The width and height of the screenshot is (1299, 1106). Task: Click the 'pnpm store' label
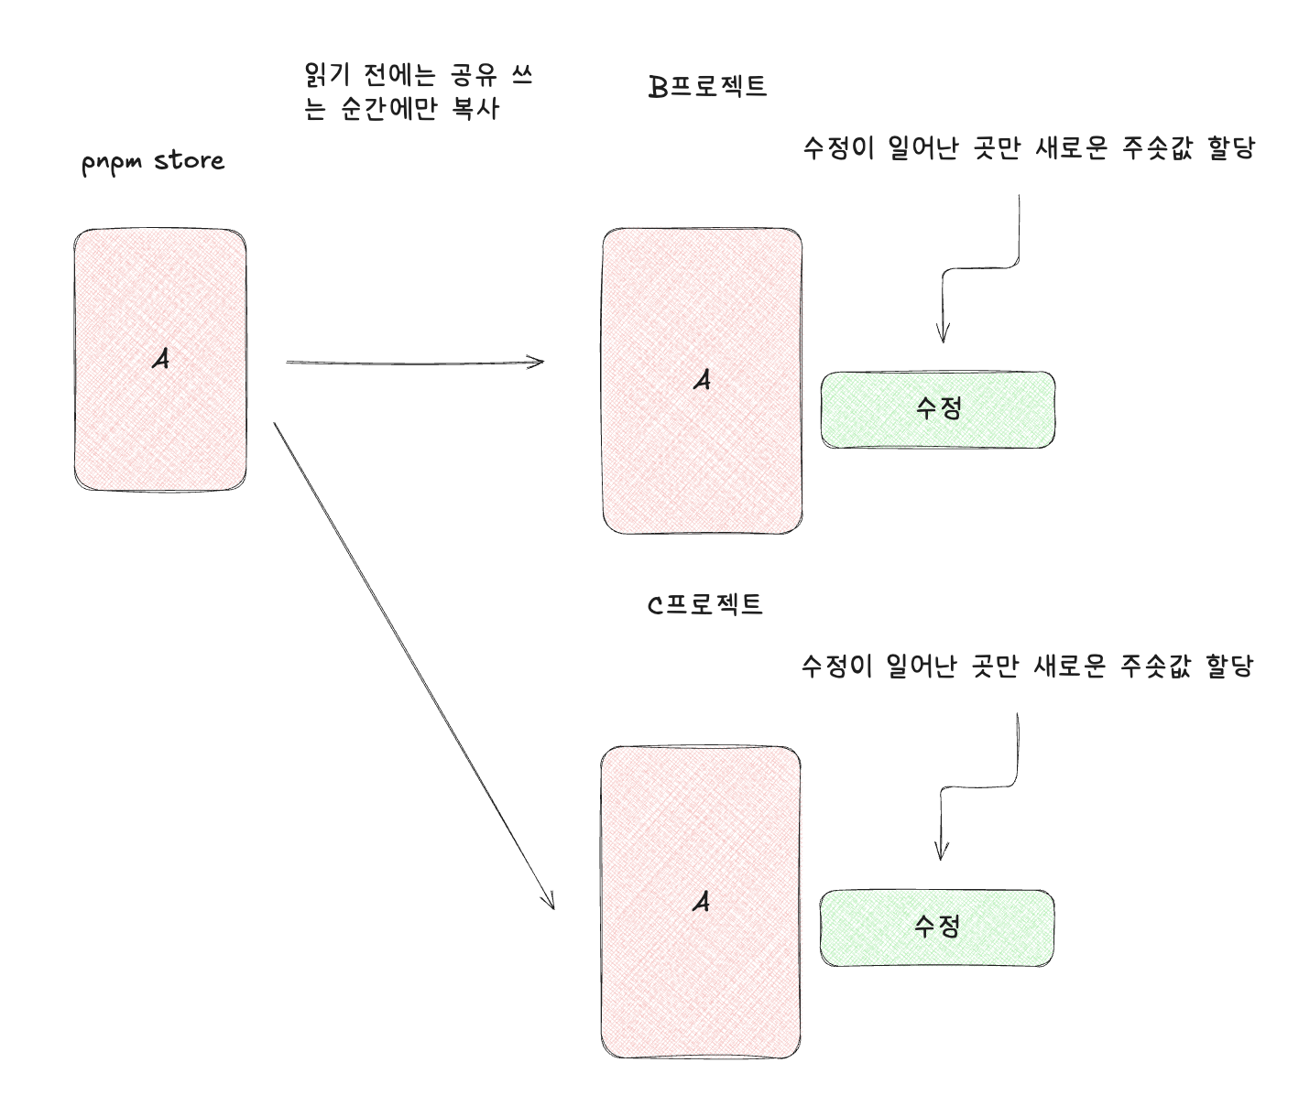[153, 162]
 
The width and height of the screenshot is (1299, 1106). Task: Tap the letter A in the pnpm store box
[161, 360]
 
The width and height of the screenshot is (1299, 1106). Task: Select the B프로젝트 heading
[706, 87]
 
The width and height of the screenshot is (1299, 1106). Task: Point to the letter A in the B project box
[703, 379]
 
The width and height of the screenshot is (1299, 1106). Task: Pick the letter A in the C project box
[701, 903]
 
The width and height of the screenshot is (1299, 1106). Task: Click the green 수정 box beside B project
[937, 409]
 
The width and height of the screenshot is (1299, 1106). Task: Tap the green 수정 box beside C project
[936, 927]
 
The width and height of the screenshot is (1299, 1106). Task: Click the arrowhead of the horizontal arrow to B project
[540, 362]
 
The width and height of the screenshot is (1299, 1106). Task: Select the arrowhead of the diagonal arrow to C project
[551, 903]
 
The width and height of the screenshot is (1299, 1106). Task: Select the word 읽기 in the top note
[322, 75]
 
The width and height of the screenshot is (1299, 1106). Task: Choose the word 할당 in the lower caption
[1229, 667]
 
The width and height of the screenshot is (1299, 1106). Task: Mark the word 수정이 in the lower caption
[837, 667]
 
